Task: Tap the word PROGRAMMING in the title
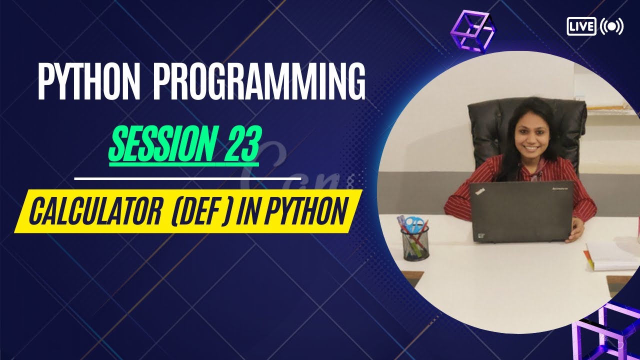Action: tap(259, 81)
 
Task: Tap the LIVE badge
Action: tap(581, 26)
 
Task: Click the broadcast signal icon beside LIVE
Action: tap(611, 26)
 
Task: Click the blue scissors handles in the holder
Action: tap(413, 223)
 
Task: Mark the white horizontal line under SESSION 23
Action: tap(187, 177)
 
